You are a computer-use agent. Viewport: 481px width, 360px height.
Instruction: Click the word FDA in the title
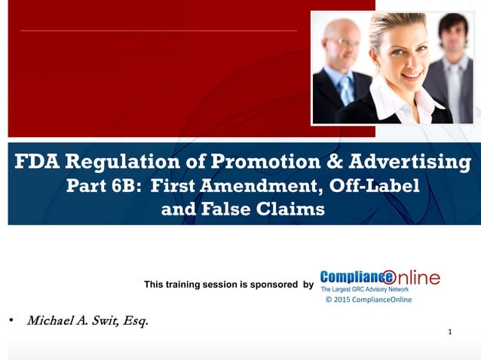[40, 162]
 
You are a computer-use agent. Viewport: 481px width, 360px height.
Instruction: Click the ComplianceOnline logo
[379, 277]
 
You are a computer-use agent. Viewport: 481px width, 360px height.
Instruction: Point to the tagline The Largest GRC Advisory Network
[365, 289]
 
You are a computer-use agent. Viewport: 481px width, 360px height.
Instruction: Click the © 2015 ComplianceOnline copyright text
[368, 300]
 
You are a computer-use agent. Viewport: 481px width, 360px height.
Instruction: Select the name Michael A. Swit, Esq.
[87, 322]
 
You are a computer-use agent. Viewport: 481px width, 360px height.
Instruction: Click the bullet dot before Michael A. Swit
[11, 322]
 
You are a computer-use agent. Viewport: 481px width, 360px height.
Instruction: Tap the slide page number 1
[449, 331]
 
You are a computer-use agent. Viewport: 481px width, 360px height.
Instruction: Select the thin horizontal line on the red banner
[158, 31]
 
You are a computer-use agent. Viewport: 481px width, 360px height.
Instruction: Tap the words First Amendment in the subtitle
[232, 186]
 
